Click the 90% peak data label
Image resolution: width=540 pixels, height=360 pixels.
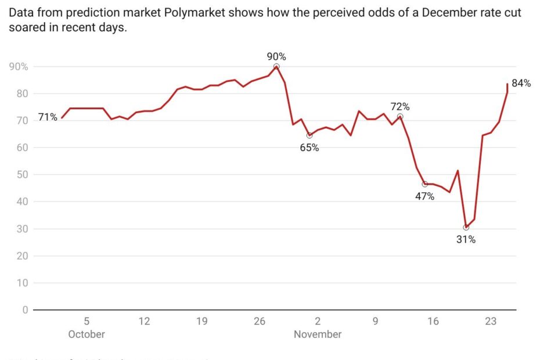tap(276, 56)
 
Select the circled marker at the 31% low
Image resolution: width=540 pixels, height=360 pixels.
tap(466, 228)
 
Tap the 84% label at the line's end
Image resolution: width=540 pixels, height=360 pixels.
tap(521, 83)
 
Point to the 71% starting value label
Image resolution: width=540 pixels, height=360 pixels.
tap(48, 117)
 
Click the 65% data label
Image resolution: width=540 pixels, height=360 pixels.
tap(309, 147)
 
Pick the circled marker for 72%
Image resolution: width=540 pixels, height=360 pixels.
tap(400, 117)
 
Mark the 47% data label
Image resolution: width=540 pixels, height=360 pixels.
tap(424, 196)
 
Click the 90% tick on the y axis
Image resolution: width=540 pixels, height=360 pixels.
tap(18, 67)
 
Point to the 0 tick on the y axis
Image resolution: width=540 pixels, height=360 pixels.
tap(25, 310)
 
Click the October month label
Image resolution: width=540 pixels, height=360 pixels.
tap(87, 334)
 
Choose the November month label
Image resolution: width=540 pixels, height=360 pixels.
tap(318, 334)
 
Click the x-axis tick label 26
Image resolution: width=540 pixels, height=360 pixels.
tap(260, 321)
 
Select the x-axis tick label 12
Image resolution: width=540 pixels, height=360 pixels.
tap(144, 321)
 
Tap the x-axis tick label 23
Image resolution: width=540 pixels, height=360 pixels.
tap(491, 321)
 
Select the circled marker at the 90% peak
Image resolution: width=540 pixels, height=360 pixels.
tap(276, 67)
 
